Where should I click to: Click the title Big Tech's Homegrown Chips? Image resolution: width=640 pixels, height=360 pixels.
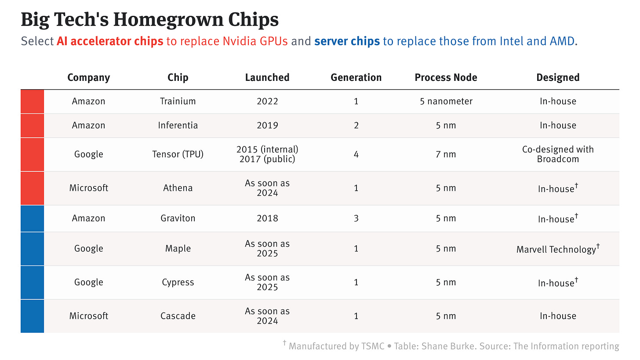tap(149, 20)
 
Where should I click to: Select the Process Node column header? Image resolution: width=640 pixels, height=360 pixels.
tap(446, 77)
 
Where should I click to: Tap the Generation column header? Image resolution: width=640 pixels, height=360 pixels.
tap(356, 77)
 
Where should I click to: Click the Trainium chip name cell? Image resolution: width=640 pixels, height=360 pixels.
tap(178, 101)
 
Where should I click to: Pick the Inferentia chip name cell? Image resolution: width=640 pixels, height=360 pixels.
tap(178, 125)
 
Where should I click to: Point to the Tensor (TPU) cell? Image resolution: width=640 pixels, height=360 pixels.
tap(178, 154)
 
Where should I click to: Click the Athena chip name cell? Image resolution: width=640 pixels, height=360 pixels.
tap(178, 188)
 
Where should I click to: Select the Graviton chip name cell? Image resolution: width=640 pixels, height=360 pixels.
tap(178, 218)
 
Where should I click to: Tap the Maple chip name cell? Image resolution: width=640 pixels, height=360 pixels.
tap(178, 248)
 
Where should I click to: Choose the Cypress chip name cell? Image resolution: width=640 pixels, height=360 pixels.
tap(178, 282)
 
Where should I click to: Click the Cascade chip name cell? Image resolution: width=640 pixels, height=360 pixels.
tap(178, 316)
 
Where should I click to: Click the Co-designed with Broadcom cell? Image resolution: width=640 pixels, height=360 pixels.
tap(558, 154)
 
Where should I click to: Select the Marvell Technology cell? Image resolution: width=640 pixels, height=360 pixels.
tap(556, 249)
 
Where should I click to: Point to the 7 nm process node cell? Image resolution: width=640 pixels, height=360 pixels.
tap(446, 154)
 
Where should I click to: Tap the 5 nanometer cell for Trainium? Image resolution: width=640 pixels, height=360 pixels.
tap(446, 101)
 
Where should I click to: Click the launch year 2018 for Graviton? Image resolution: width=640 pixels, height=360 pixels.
tap(267, 218)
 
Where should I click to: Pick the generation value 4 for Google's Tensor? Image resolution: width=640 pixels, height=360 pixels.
tap(356, 154)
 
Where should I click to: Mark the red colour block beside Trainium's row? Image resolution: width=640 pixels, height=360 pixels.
tap(32, 101)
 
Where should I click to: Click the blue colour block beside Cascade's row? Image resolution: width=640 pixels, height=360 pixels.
tap(32, 316)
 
